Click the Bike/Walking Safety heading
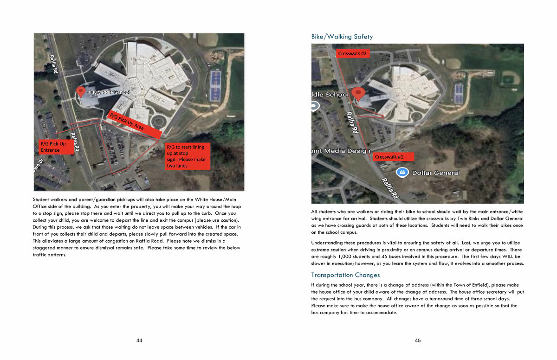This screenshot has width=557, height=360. [x=342, y=37]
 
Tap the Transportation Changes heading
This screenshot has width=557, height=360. [x=345, y=275]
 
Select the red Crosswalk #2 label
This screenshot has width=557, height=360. [x=352, y=54]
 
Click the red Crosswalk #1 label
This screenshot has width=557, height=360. [x=389, y=157]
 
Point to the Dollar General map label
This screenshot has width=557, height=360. [x=435, y=173]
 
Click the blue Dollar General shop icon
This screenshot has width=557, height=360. [x=402, y=173]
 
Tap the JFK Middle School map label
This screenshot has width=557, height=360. [x=109, y=92]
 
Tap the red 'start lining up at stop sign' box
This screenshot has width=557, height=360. [x=188, y=156]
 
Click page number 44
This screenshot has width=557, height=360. [x=139, y=341]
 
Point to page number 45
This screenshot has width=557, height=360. [x=418, y=341]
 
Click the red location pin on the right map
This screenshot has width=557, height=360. [x=358, y=93]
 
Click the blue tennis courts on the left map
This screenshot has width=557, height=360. [x=215, y=85]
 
